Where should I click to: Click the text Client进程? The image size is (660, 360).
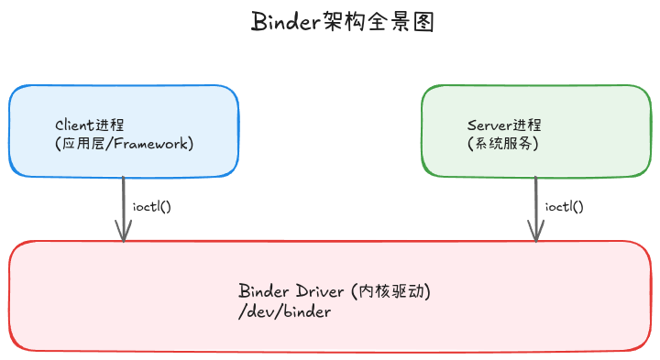click(x=90, y=125)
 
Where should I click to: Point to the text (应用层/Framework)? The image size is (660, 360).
click(x=125, y=144)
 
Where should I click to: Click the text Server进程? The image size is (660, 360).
click(x=504, y=125)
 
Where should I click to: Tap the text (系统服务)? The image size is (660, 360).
click(x=502, y=144)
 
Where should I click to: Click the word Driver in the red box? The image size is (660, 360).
click(x=320, y=291)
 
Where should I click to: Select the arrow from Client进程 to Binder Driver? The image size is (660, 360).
click(x=123, y=206)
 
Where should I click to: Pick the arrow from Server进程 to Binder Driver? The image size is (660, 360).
click(x=535, y=206)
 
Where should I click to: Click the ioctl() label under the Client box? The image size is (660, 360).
click(x=152, y=206)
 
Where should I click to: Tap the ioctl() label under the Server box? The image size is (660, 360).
click(x=565, y=206)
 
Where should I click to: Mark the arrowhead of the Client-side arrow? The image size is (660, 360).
click(x=123, y=235)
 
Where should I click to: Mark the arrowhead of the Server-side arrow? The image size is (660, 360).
click(x=535, y=235)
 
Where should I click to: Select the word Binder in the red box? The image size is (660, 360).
click(x=265, y=291)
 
